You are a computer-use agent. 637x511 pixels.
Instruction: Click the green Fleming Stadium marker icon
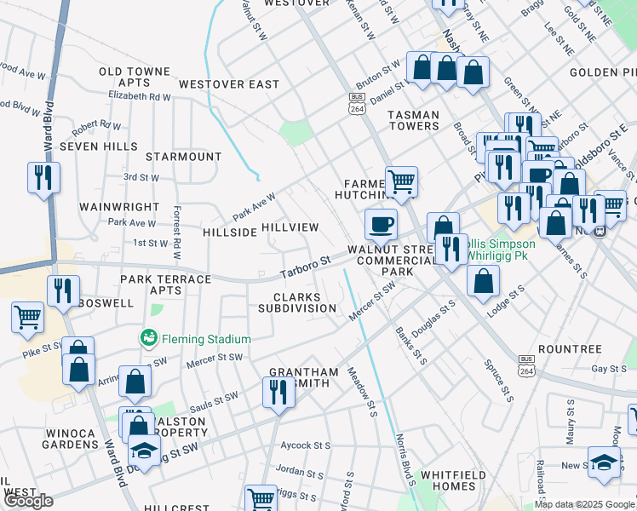pos(149,338)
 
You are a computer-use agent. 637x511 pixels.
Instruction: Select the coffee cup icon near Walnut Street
pos(381,225)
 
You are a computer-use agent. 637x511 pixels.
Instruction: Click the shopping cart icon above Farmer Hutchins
pos(401,181)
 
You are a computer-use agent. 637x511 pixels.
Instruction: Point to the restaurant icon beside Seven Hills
pos(43,177)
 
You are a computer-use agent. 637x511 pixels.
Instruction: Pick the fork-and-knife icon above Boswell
pos(63,291)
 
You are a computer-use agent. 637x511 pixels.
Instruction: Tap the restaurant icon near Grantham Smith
pos(278,393)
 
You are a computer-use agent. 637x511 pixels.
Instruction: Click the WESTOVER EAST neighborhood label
pos(228,84)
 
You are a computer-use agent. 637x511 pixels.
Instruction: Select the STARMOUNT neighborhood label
pos(183,157)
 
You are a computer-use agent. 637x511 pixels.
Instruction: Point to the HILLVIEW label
pos(290,227)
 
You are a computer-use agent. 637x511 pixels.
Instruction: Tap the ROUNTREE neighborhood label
pos(570,349)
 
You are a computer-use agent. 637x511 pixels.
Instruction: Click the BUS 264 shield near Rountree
pos(526,365)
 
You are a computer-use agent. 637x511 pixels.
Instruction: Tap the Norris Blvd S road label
pos(404,461)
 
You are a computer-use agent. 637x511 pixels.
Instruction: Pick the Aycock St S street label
pos(306,445)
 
